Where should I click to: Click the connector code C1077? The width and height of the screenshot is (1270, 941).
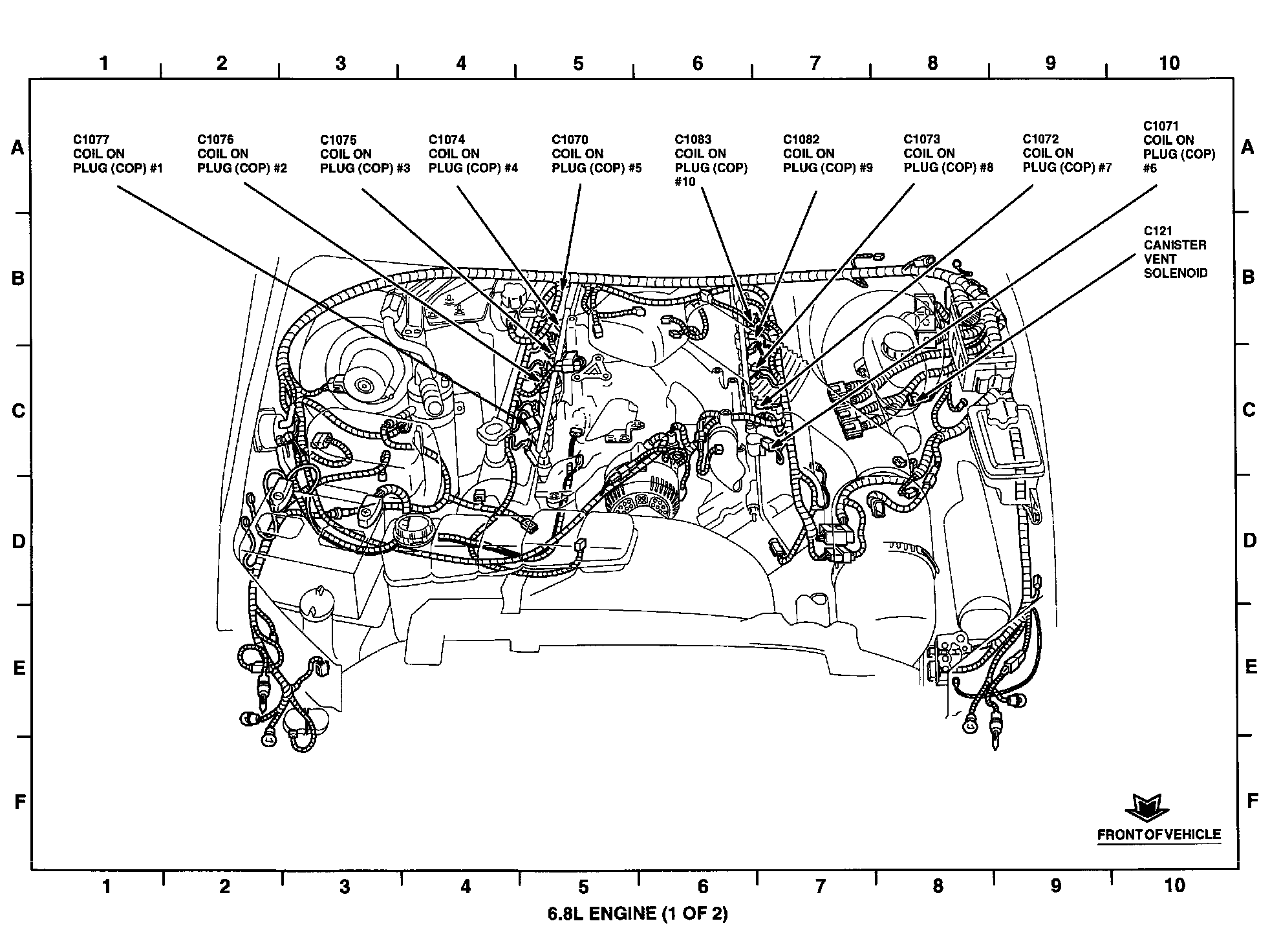(x=91, y=140)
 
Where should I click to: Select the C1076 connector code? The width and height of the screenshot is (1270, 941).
(x=215, y=140)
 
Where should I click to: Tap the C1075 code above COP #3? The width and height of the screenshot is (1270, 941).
(x=338, y=140)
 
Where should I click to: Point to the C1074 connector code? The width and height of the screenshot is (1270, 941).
(x=447, y=140)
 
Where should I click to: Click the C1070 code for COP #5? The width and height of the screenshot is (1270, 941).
(x=570, y=140)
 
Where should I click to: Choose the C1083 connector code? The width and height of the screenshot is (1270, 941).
(x=693, y=140)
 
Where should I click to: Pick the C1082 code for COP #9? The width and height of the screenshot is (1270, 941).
(x=801, y=140)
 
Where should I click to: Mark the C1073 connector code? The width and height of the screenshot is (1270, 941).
(x=921, y=140)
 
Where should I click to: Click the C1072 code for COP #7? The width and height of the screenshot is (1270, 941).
(x=1040, y=140)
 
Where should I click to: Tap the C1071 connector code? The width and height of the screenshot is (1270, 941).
(x=1161, y=126)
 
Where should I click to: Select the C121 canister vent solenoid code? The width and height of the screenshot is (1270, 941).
(x=1157, y=231)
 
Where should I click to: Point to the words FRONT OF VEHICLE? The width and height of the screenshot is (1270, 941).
(x=1159, y=834)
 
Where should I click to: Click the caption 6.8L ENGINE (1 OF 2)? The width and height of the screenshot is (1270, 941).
(x=638, y=913)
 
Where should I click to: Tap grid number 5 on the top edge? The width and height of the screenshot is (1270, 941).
(x=578, y=63)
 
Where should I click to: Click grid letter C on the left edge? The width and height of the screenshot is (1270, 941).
(x=18, y=410)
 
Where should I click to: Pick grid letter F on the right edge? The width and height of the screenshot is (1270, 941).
(x=1252, y=801)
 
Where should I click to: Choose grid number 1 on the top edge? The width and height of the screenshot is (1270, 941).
(x=103, y=63)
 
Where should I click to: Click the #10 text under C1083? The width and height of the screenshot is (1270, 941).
(x=685, y=182)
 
